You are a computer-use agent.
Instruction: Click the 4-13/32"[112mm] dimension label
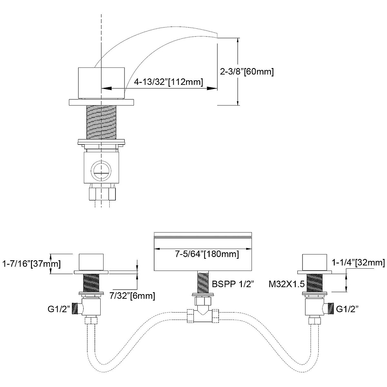[x=169, y=82]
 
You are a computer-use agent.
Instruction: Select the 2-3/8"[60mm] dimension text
[x=247, y=72]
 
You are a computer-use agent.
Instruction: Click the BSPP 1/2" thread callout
[x=233, y=284]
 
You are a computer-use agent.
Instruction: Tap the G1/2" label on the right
[x=347, y=309]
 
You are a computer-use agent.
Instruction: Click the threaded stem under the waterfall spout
[x=203, y=282]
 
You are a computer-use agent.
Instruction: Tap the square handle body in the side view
[x=101, y=83]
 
